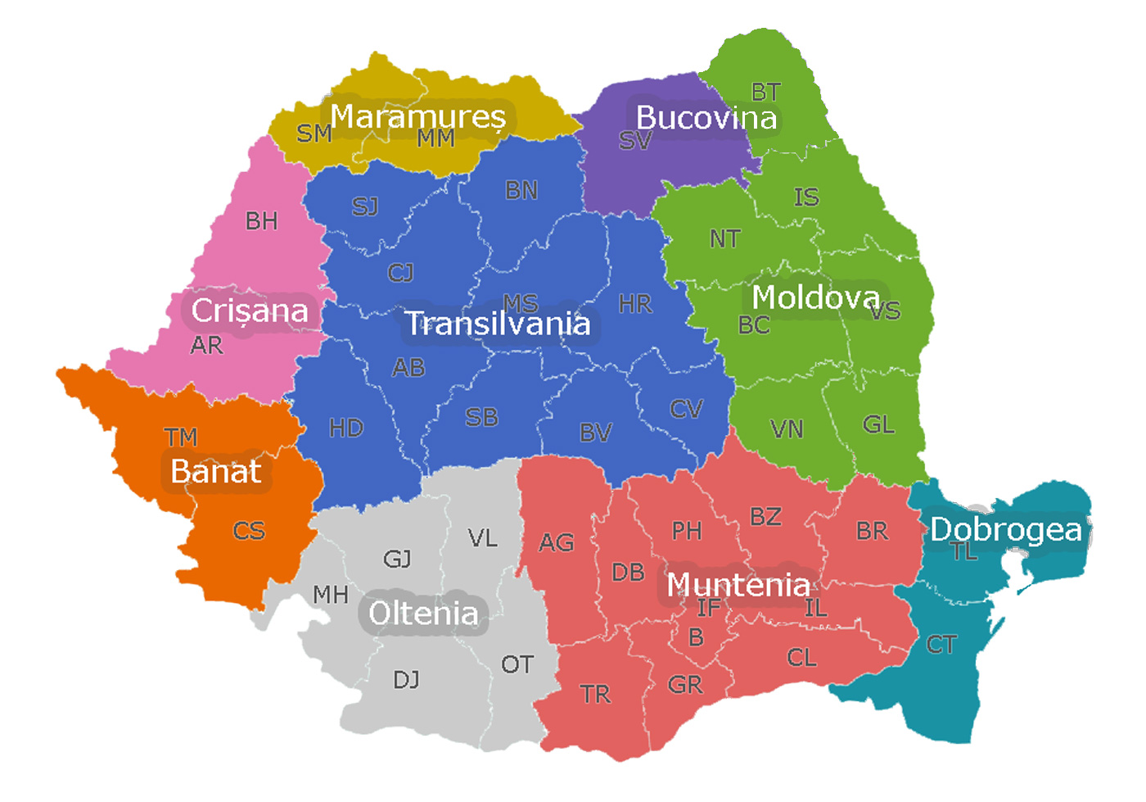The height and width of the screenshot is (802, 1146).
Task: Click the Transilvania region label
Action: point(498,324)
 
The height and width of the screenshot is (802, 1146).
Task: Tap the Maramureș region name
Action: point(417,117)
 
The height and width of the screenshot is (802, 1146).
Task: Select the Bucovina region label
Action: point(706,118)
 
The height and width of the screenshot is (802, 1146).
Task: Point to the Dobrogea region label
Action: point(1006,530)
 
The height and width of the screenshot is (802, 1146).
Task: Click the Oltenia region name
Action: point(423,614)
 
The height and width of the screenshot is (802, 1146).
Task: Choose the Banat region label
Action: point(215,472)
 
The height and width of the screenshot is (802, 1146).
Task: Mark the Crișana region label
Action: point(250,311)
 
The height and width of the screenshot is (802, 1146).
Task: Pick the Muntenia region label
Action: point(738,586)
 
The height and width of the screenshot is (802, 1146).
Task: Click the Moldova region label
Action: point(816,298)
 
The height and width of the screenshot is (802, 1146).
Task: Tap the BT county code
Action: point(766,92)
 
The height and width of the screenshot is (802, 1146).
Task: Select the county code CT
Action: point(941,646)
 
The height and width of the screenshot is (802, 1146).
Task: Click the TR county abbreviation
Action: point(596,695)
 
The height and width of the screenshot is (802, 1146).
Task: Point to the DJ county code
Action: point(407,680)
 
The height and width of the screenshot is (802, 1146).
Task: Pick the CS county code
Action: point(249,532)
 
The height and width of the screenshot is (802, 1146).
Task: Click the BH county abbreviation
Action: point(261,221)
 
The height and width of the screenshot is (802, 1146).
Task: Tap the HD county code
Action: point(346,428)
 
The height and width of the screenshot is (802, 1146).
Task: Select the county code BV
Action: point(595,433)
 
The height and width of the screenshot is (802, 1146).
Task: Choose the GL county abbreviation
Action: point(878,425)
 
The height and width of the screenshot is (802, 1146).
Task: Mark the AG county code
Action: point(557,542)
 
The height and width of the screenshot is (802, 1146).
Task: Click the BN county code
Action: point(521,191)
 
